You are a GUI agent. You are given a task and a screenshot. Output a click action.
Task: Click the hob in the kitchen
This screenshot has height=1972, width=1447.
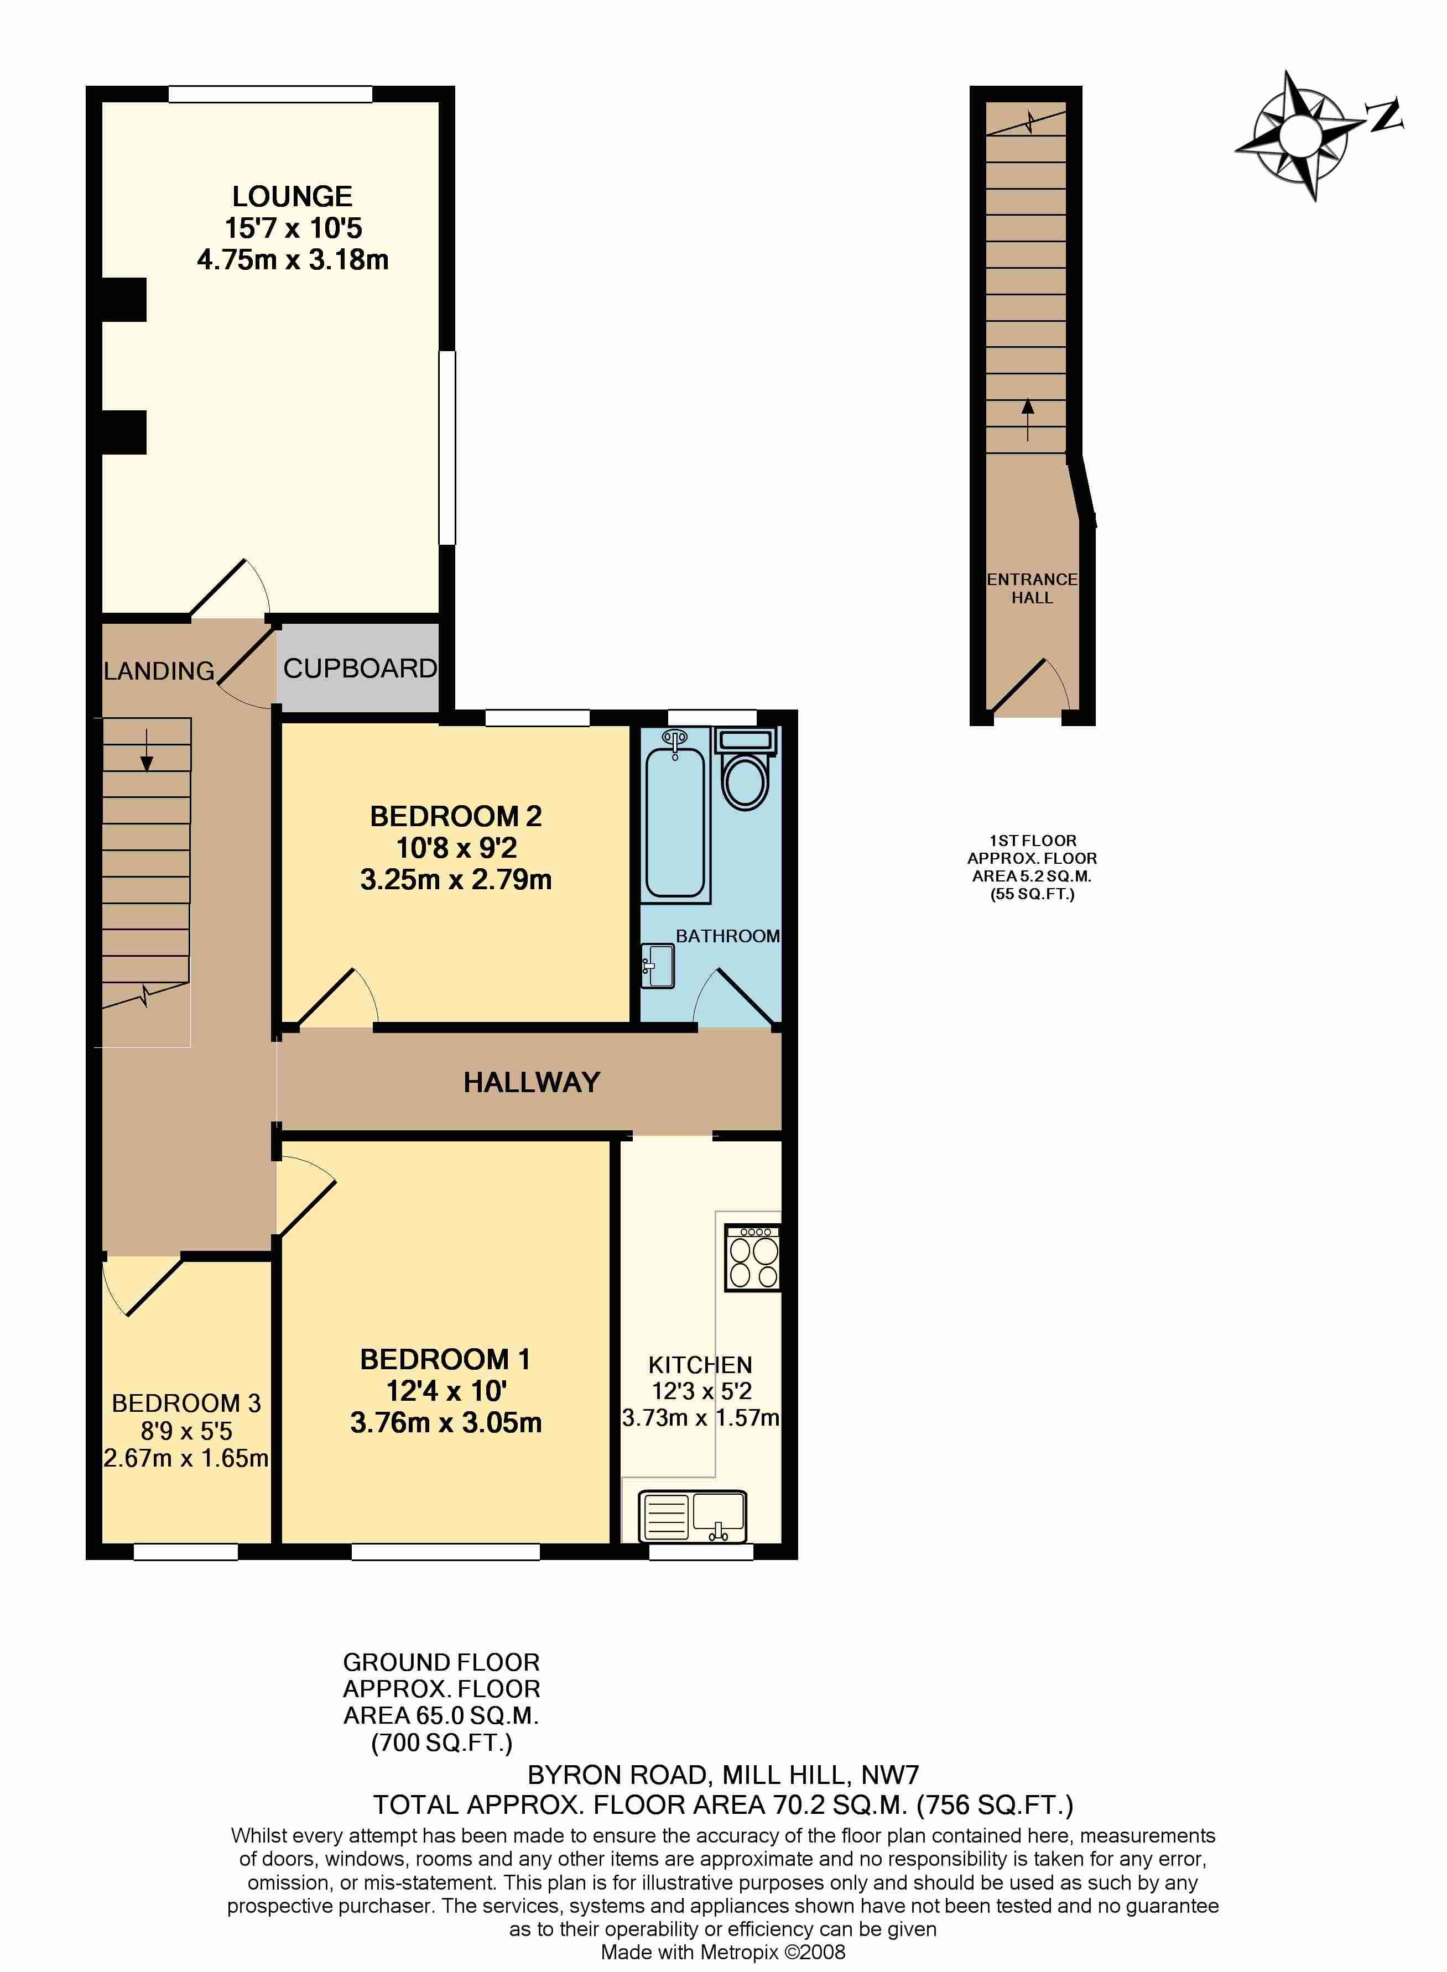pyautogui.click(x=752, y=1258)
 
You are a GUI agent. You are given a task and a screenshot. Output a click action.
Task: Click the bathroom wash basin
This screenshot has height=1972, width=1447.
pyautogui.click(x=658, y=966)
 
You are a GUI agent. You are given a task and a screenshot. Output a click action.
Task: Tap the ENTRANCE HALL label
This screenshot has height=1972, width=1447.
pyautogui.click(x=1032, y=588)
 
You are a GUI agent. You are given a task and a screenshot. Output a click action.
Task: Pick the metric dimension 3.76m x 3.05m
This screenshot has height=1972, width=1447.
pyautogui.click(x=446, y=1422)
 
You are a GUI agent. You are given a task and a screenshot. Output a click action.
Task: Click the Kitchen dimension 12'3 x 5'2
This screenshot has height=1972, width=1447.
pyautogui.click(x=701, y=1391)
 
